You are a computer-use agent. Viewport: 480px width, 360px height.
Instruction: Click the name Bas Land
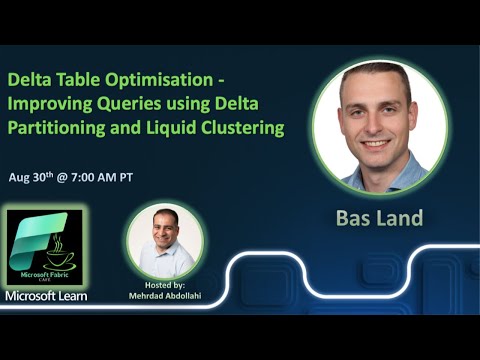click(x=379, y=217)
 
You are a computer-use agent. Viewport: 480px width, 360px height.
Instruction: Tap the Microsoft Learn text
click(x=46, y=295)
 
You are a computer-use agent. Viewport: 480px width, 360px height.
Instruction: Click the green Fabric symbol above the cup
click(x=46, y=227)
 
